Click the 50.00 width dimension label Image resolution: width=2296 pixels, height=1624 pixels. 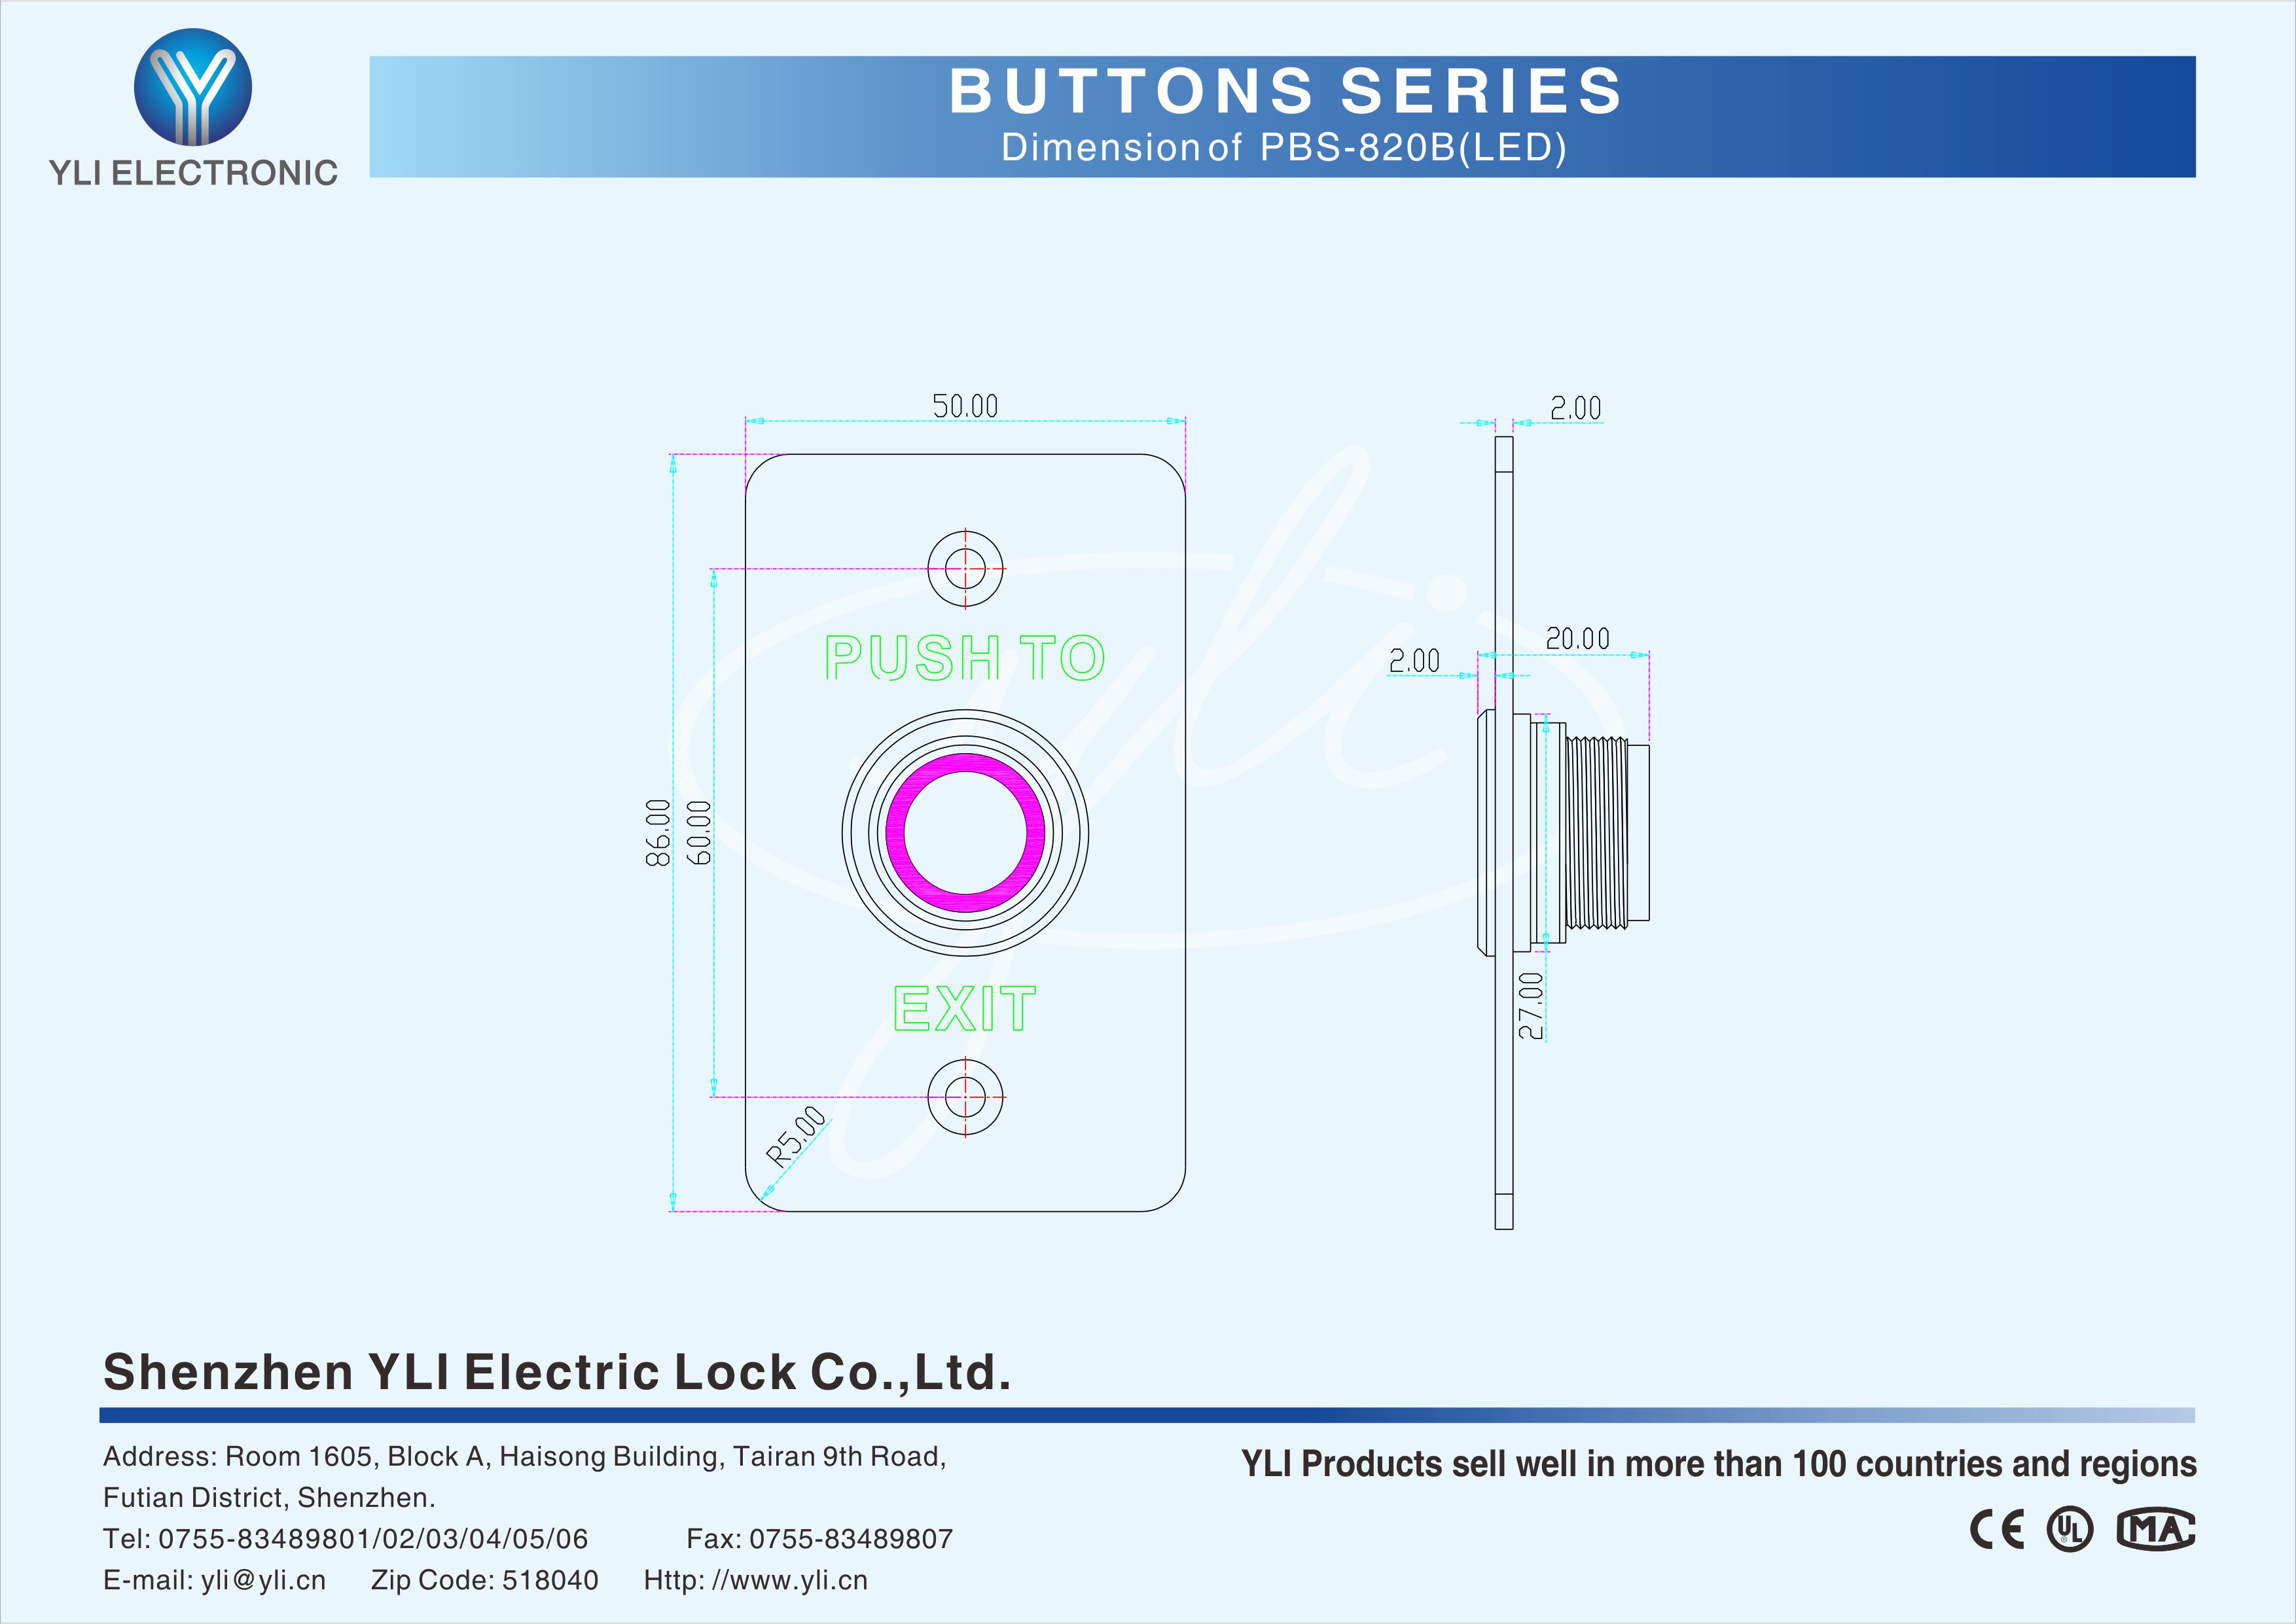(x=965, y=406)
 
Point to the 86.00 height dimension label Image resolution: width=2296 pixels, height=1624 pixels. (x=658, y=832)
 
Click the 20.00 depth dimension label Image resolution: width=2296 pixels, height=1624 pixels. (x=1577, y=639)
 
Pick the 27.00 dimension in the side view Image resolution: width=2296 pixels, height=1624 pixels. (x=1531, y=1005)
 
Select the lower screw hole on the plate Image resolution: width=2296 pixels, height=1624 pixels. (x=965, y=1097)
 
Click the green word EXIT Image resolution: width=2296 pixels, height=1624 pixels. (x=964, y=1008)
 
